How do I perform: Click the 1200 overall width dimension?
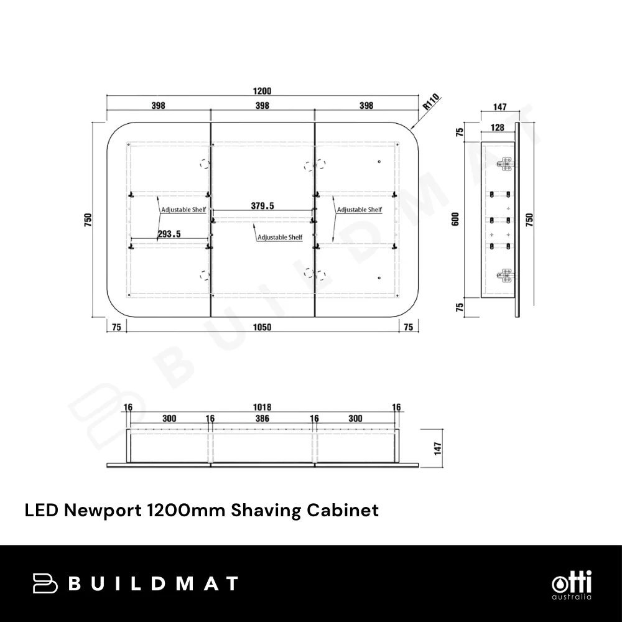pos(262,91)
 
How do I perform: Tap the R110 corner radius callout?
pos(431,102)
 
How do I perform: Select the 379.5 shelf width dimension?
pos(262,205)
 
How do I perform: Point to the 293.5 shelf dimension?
pos(169,234)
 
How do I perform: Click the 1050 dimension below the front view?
pos(262,327)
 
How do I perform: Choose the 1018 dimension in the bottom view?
pos(262,407)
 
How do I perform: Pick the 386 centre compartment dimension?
pos(262,418)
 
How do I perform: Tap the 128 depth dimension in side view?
pos(497,128)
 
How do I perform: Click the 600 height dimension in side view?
pos(456,219)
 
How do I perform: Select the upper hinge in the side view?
pos(505,164)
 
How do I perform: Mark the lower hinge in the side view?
pos(505,276)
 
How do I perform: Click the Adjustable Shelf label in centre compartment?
pos(280,237)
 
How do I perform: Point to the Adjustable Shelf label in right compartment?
pos(360,210)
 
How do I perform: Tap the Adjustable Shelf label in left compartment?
pos(183,210)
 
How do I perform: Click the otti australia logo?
pos(572,585)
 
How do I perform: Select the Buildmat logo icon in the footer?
pos(45,583)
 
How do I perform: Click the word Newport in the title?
pos(103,510)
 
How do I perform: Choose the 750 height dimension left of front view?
pos(88,220)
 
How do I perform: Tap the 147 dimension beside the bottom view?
pos(438,448)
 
